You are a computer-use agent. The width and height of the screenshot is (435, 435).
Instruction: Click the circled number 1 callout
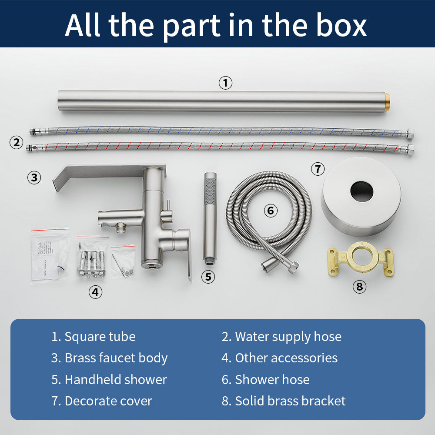tap(225, 83)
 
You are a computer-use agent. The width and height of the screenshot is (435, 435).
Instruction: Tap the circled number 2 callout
tap(17, 142)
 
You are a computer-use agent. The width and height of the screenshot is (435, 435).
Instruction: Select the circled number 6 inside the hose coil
tap(271, 211)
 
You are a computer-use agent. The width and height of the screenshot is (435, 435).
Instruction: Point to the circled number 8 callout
tap(359, 286)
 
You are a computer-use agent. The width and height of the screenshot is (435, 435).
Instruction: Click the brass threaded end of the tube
tap(387, 101)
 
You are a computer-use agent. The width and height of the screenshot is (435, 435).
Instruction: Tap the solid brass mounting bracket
tap(361, 259)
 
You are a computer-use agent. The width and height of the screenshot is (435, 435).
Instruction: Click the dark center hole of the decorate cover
tap(362, 191)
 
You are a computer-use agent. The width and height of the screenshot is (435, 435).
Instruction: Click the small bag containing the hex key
tap(123, 261)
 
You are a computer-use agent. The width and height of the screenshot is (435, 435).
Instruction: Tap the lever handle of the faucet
tap(184, 252)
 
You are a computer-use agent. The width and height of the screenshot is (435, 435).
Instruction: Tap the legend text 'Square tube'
tap(100, 337)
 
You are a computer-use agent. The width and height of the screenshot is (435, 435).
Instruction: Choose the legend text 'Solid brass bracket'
tap(291, 401)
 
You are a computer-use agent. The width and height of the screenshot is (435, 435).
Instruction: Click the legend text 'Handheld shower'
tap(116, 379)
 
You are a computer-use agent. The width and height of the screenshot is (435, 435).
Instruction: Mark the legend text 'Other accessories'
tap(286, 358)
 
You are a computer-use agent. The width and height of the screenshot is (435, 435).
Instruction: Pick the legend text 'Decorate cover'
tap(108, 401)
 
